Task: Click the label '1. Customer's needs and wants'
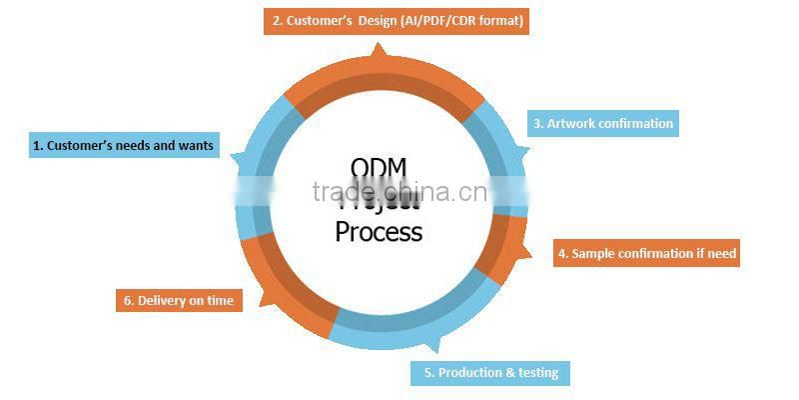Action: (123, 146)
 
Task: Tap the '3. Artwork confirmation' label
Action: (602, 124)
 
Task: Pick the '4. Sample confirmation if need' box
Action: (646, 254)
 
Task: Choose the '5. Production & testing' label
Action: (490, 373)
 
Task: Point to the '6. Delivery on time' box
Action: (179, 300)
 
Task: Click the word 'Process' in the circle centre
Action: (379, 232)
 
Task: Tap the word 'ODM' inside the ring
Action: (379, 167)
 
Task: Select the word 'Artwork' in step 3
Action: (571, 124)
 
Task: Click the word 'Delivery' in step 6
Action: (162, 300)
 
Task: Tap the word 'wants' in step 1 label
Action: (196, 146)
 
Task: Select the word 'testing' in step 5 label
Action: (537, 373)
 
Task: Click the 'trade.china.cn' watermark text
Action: (399, 192)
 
